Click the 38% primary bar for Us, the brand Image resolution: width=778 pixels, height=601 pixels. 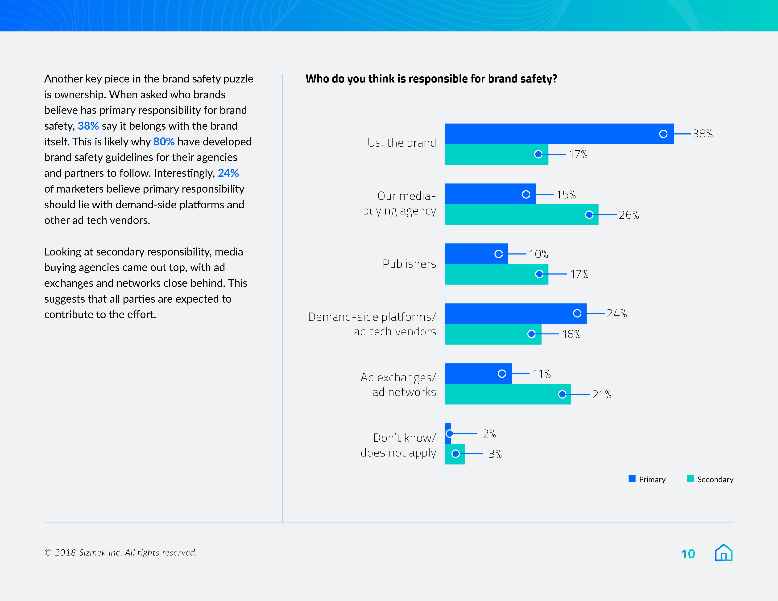click(559, 134)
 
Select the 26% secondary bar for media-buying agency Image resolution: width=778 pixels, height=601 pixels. click(521, 214)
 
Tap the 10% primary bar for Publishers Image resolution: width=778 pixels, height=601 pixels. click(476, 254)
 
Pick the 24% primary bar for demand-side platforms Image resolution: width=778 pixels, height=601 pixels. click(515, 313)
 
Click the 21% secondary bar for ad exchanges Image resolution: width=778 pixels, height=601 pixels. click(508, 394)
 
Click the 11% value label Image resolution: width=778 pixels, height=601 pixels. click(542, 374)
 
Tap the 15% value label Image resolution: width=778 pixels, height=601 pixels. click(566, 195)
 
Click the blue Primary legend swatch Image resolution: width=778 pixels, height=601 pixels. click(632, 479)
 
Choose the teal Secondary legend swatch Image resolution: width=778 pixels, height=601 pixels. click(690, 479)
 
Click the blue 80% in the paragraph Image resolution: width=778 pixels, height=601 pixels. click(164, 142)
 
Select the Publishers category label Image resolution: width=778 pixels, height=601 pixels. click(409, 264)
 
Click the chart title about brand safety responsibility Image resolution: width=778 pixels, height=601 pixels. click(431, 79)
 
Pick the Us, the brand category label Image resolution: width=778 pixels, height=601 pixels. click(401, 143)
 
